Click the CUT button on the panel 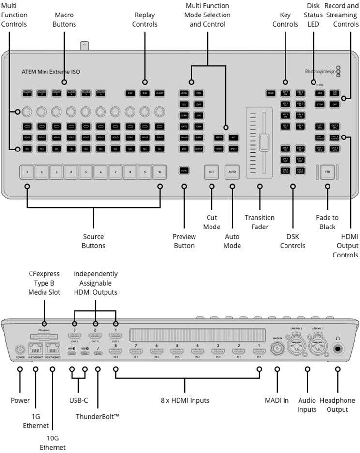coord(211,171)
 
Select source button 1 coord(27,171)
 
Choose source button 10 coord(160,171)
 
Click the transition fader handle coord(264,143)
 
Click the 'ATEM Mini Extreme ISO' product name coord(51,72)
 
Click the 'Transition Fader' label coord(259,222)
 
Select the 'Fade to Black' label coord(327,222)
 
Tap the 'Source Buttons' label coord(93,241)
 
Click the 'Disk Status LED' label coord(314,15)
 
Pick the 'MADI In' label coord(277,400)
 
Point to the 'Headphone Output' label coord(337,405)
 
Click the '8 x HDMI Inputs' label coord(185,400)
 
